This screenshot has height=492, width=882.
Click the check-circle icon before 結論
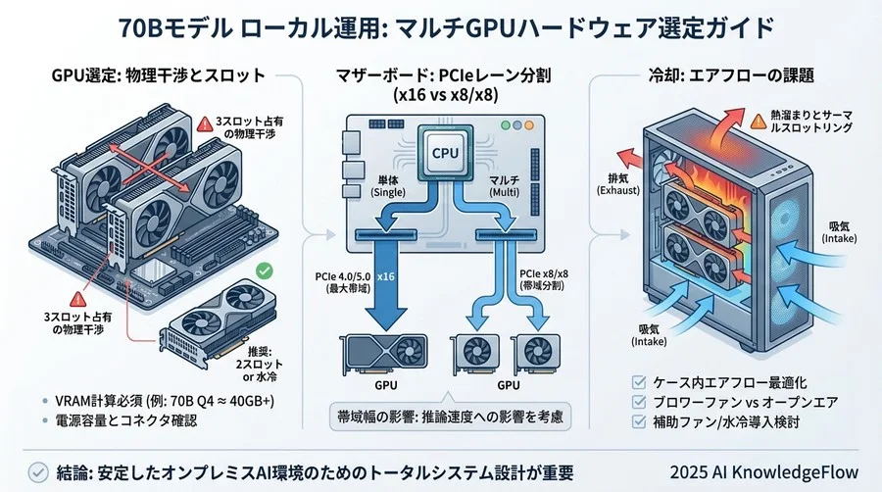point(36,468)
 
